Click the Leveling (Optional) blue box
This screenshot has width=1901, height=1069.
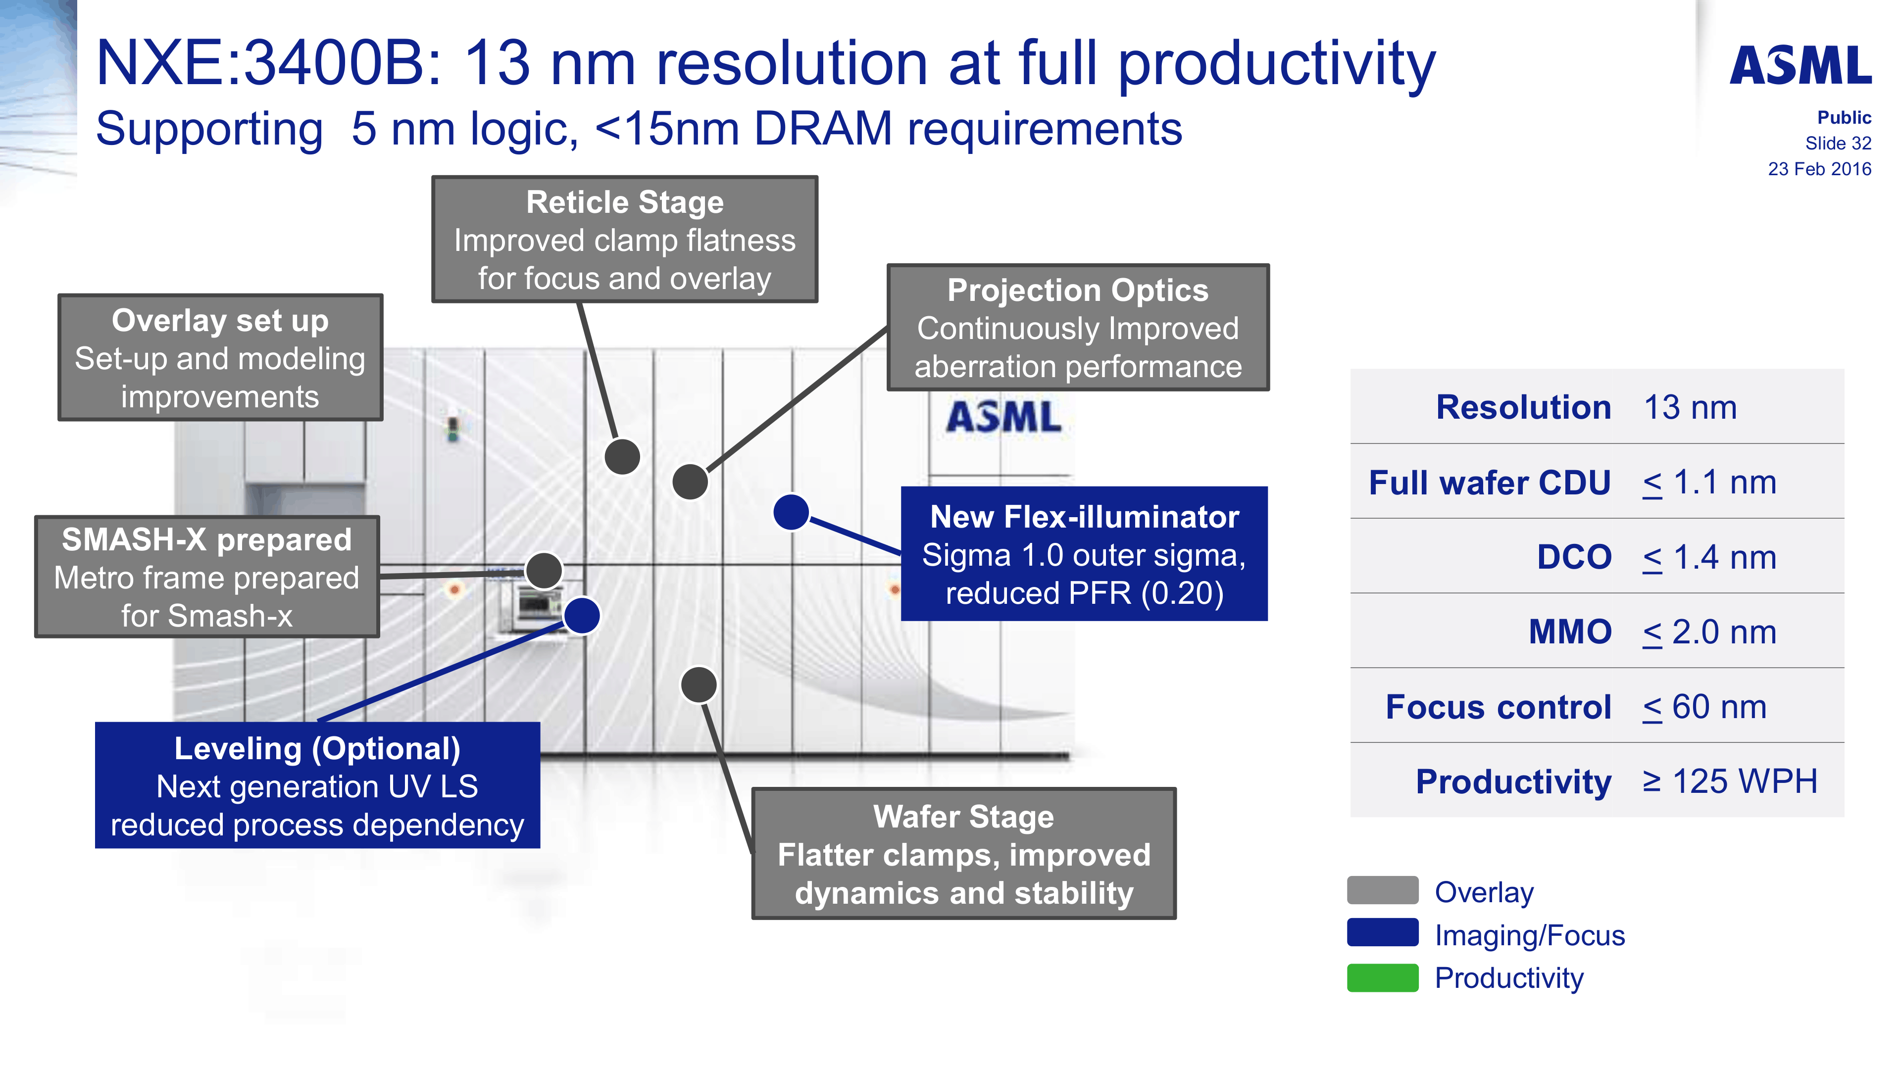point(317,785)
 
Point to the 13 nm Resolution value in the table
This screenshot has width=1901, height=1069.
point(1690,407)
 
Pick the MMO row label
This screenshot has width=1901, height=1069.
point(1570,632)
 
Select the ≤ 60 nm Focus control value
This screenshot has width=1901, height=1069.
point(1704,707)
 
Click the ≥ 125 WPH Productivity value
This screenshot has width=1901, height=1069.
point(1730,781)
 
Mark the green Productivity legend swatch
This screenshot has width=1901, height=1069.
point(1382,977)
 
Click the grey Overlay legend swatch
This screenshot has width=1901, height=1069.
point(1382,890)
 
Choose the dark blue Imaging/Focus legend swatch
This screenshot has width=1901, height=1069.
point(1382,932)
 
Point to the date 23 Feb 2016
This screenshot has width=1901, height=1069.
point(1819,169)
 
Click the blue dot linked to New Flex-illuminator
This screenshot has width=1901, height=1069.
point(791,512)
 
